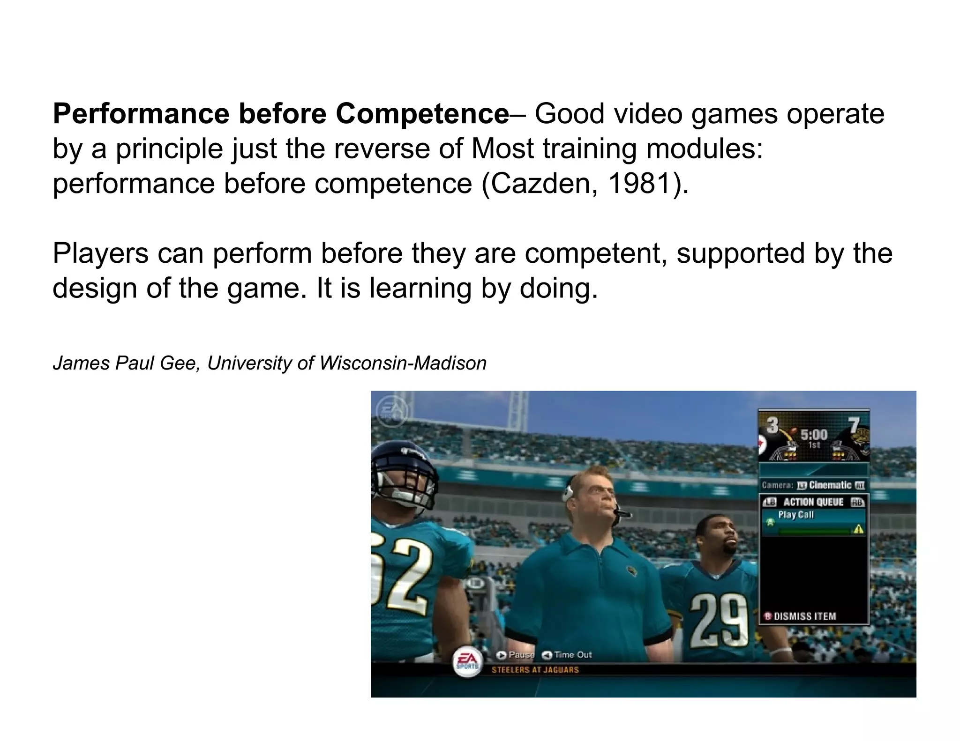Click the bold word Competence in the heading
pos(422,114)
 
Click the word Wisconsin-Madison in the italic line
pos(403,363)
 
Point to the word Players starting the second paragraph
pos(100,253)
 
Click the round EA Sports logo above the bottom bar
pos(466,662)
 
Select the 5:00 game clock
pos(814,434)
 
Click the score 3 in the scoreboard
pos(772,425)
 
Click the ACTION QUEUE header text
pos(813,502)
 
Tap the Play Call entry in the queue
pos(796,515)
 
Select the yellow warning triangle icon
pos(858,529)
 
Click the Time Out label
pos(572,655)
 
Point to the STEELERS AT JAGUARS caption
pos(535,670)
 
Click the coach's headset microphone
pos(622,513)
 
